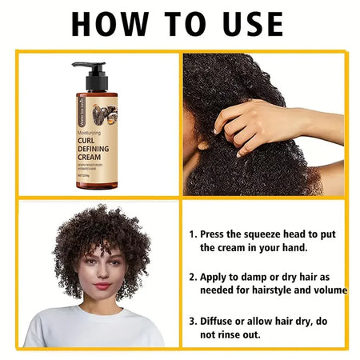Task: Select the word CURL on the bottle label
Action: click(x=90, y=140)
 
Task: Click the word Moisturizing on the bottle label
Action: click(x=94, y=131)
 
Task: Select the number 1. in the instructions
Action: click(x=193, y=234)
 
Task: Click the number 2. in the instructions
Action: click(x=193, y=277)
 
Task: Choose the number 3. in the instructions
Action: click(x=193, y=320)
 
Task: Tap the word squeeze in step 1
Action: click(x=273, y=235)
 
